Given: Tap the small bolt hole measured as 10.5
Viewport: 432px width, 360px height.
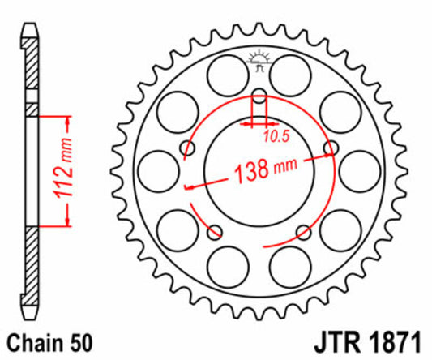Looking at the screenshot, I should [x=259, y=101].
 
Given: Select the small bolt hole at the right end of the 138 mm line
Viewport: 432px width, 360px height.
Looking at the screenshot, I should [x=330, y=148].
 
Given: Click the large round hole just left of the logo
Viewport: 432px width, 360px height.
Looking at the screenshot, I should [x=223, y=74].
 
